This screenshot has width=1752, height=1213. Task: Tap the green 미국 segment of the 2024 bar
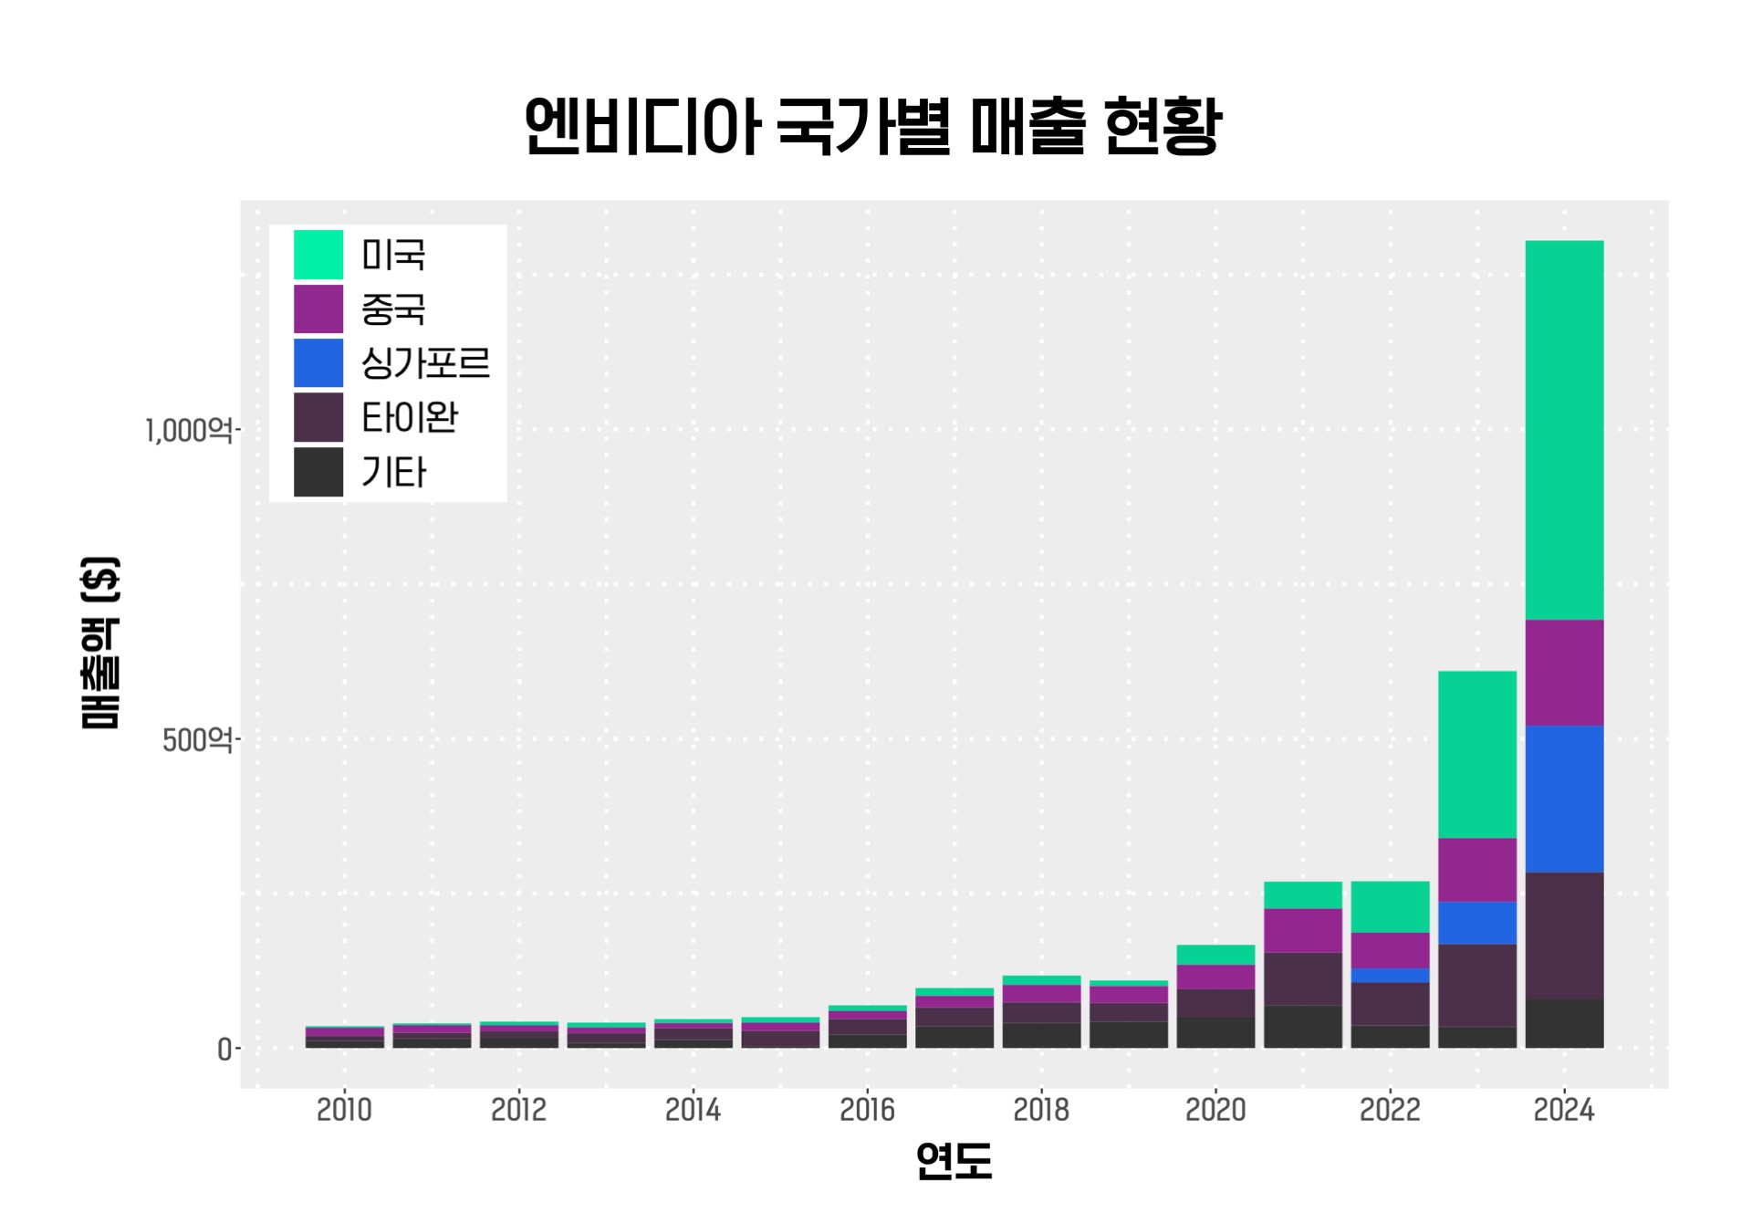pyautogui.click(x=1564, y=429)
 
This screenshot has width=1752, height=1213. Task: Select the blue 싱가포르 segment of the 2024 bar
pyautogui.click(x=1564, y=799)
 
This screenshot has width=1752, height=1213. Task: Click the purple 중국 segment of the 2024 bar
pyautogui.click(x=1564, y=673)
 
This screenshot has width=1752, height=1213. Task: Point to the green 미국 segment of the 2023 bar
pyautogui.click(x=1476, y=754)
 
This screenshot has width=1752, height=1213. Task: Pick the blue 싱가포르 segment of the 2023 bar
pyautogui.click(x=1476, y=923)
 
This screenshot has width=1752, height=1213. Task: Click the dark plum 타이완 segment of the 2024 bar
pyautogui.click(x=1564, y=936)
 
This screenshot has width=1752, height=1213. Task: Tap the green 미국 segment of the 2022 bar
pyautogui.click(x=1390, y=906)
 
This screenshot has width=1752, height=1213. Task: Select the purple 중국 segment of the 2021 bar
pyautogui.click(x=1303, y=930)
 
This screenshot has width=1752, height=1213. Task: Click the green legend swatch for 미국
pyautogui.click(x=318, y=255)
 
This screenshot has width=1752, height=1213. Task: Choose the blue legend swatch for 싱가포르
pyautogui.click(x=318, y=363)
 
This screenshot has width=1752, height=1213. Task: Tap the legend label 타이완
pyautogui.click(x=410, y=418)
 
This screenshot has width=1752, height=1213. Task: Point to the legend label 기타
pyautogui.click(x=394, y=473)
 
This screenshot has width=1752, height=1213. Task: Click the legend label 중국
pyautogui.click(x=393, y=309)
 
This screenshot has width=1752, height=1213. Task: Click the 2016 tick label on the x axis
pyautogui.click(x=867, y=1110)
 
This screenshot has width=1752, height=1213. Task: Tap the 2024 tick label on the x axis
pyautogui.click(x=1564, y=1110)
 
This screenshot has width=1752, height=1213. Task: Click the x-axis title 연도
pyautogui.click(x=954, y=1161)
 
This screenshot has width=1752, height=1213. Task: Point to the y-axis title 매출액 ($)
pyautogui.click(x=100, y=643)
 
